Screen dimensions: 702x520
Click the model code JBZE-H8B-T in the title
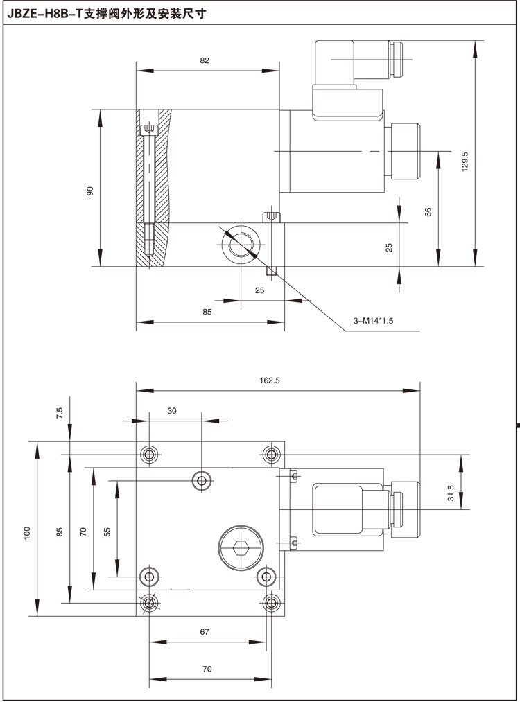pyautogui.click(x=42, y=12)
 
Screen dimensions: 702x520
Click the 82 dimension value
pyautogui.click(x=205, y=61)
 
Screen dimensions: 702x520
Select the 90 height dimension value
pyautogui.click(x=89, y=191)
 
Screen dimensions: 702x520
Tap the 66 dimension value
pyautogui.click(x=428, y=211)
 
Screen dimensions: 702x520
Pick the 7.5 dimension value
pyautogui.click(x=60, y=413)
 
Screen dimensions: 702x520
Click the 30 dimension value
pyautogui.click(x=172, y=410)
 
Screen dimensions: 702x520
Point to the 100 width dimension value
pyautogui.click(x=26, y=532)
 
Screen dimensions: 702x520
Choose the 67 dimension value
pyautogui.click(x=205, y=631)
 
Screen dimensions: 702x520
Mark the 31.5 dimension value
pyautogui.click(x=451, y=493)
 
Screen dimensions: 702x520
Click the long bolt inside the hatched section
pyautogui.click(x=148, y=187)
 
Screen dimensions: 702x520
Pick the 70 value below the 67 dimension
pyautogui.click(x=207, y=669)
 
